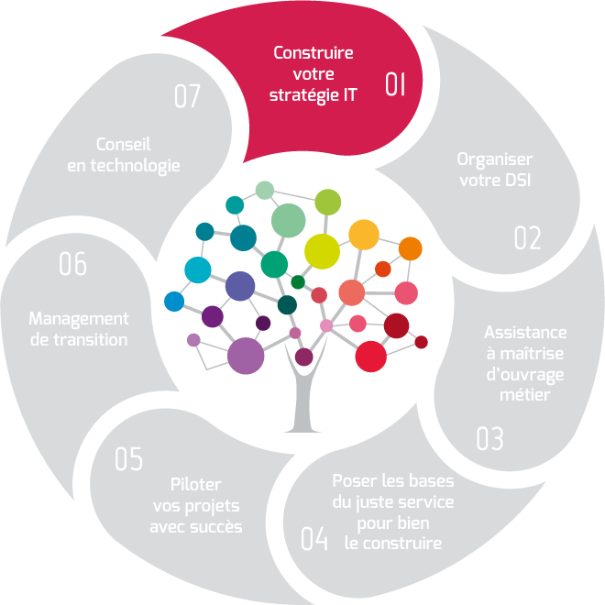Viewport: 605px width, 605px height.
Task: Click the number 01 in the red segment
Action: click(395, 85)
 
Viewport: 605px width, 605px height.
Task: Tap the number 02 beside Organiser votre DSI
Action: click(527, 238)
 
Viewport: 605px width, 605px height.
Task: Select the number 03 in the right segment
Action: click(489, 439)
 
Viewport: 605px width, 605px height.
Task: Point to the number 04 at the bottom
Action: click(313, 539)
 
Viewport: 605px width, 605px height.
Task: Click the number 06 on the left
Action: click(72, 265)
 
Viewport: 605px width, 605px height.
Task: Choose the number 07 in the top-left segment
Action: click(186, 97)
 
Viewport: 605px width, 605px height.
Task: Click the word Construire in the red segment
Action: click(313, 53)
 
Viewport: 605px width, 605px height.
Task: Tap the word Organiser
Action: click(495, 159)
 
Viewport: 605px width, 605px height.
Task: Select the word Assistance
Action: click(525, 333)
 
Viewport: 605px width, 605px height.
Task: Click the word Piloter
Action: click(196, 485)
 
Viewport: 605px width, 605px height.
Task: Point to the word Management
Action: click(79, 319)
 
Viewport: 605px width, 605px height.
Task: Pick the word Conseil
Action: click(123, 145)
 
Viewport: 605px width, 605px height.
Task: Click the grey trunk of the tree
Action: click(302, 403)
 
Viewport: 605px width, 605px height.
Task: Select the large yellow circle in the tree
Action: click(322, 250)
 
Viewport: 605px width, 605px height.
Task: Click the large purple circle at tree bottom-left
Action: click(246, 356)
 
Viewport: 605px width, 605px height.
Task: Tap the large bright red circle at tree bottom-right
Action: click(371, 357)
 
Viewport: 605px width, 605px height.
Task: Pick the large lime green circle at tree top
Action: click(328, 202)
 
